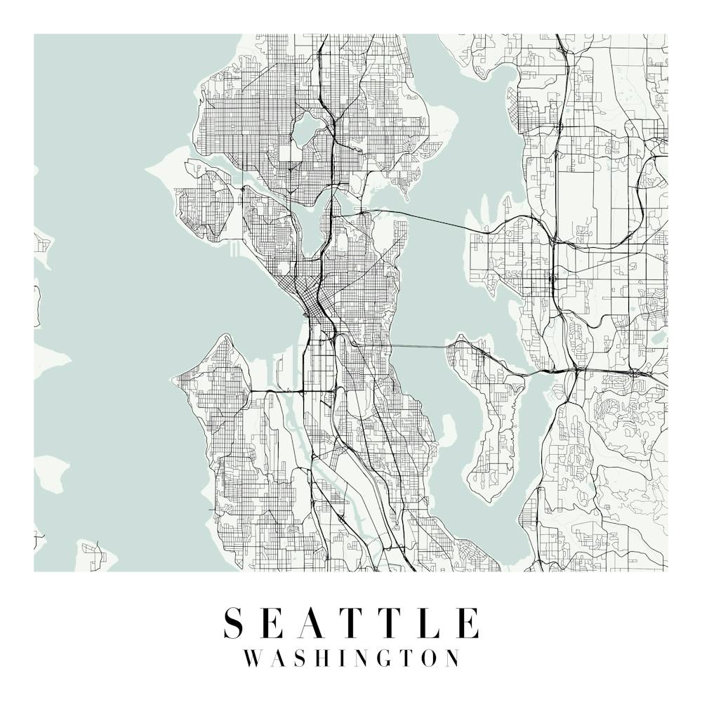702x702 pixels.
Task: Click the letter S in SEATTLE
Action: coord(234,623)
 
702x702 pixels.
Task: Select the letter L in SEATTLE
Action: coord(429,623)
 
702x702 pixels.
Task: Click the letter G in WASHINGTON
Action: coord(384,658)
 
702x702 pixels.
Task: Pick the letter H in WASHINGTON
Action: coord(322,658)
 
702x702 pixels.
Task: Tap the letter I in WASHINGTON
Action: coord(343,658)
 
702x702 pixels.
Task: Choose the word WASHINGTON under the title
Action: coord(351,658)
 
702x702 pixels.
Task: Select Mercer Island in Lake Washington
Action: coord(491,421)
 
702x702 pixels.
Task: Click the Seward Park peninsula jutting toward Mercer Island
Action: coord(448,428)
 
